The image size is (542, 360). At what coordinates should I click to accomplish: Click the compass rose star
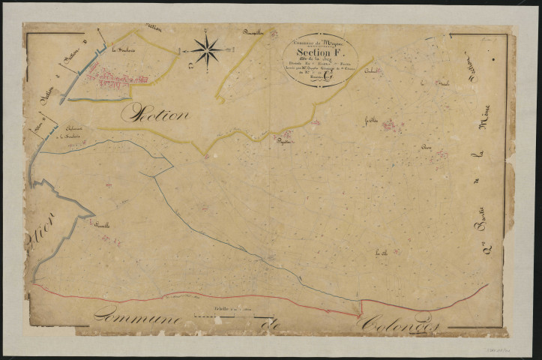click(208, 50)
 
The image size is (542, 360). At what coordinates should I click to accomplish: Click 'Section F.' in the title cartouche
click(319, 53)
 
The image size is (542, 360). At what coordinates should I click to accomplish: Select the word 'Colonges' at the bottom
click(400, 323)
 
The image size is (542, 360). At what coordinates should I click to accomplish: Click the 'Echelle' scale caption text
click(225, 308)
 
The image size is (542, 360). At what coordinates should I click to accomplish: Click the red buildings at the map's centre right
click(390, 125)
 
